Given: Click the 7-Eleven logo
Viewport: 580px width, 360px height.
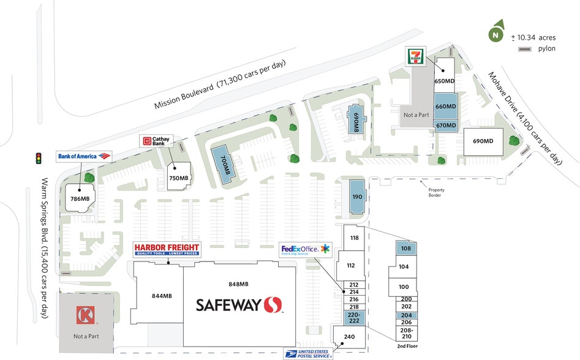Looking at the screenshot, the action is (415, 56).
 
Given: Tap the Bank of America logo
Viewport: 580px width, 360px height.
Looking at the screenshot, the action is (85, 157).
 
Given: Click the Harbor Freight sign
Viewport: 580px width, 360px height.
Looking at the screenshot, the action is (167, 250).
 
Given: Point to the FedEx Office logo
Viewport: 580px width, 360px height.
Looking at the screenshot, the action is (305, 249).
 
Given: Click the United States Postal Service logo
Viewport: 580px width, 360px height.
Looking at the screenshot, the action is (307, 353).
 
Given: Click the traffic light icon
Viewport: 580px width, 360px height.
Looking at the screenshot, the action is (38, 158).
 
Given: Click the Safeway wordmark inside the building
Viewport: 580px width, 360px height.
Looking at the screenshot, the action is (239, 304).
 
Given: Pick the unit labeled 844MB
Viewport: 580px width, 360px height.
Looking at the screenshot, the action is (162, 296).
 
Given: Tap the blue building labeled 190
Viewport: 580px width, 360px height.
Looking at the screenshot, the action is (356, 197).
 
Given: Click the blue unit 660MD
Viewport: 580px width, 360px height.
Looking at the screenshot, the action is (445, 106).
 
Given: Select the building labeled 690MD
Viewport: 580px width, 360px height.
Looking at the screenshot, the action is (483, 141).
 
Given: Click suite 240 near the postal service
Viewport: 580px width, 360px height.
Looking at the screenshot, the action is (349, 337).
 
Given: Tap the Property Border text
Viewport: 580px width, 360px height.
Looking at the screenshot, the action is (435, 192).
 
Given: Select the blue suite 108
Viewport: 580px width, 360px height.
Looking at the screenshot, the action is (405, 249).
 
